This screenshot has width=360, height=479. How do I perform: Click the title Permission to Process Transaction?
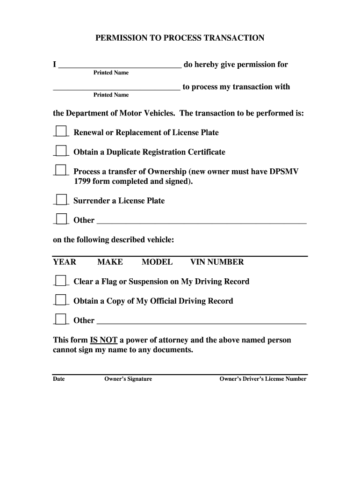pyautogui.click(x=180, y=38)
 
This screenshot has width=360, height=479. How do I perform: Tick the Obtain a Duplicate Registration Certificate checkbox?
pyautogui.click(x=61, y=151)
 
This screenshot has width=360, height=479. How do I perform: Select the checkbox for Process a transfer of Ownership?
pyautogui.click(x=61, y=170)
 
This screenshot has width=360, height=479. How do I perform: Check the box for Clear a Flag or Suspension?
pyautogui.click(x=61, y=280)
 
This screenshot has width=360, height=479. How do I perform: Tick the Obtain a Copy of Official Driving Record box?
pyautogui.click(x=61, y=300)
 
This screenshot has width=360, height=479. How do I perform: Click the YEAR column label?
pyautogui.click(x=65, y=262)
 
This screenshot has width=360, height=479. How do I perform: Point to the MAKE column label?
pyautogui.click(x=110, y=262)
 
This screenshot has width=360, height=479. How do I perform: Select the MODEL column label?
pyautogui.click(x=157, y=262)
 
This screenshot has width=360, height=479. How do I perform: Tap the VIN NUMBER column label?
pyautogui.click(x=217, y=262)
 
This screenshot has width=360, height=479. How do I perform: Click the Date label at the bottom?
pyautogui.click(x=59, y=379)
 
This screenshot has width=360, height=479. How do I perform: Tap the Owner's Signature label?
pyautogui.click(x=128, y=379)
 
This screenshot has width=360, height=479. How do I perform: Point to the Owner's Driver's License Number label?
pyautogui.click(x=263, y=379)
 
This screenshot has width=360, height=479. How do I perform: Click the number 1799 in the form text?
pyautogui.click(x=82, y=181)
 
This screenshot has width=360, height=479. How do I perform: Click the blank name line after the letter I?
pyautogui.click(x=119, y=65)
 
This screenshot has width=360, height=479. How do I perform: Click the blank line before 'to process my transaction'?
pyautogui.click(x=116, y=87)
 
